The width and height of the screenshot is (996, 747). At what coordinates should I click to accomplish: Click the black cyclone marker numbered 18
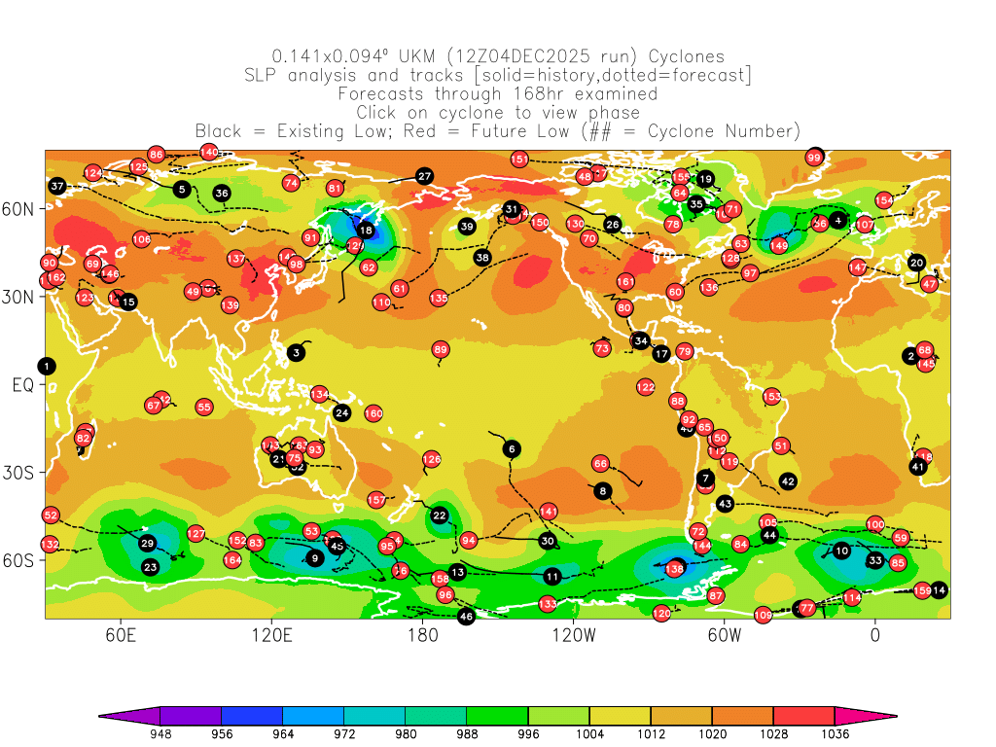point(366,231)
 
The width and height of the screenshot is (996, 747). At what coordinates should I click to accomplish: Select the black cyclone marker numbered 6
point(512,448)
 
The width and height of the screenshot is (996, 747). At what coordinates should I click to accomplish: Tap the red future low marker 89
point(441,349)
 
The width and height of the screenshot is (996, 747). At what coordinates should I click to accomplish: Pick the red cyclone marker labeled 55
point(203,407)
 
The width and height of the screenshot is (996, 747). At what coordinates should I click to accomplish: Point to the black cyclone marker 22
point(440,516)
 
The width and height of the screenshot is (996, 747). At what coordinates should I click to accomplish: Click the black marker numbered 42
point(788,481)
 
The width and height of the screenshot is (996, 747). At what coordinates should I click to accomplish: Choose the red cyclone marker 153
point(772,396)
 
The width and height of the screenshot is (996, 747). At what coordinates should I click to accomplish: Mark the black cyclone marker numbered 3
point(296,353)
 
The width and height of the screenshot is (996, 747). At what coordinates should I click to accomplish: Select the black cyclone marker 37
point(57,186)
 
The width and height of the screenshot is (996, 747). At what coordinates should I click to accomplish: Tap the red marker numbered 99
point(815,158)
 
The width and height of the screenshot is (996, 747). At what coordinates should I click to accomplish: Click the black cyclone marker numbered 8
point(603,491)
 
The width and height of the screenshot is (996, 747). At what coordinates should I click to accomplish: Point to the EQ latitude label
point(22,385)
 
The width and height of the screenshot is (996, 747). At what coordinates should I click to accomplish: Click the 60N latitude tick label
point(21,209)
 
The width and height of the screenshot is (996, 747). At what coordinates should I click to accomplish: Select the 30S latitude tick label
point(21,473)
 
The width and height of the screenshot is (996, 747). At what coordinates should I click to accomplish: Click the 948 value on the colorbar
point(160,734)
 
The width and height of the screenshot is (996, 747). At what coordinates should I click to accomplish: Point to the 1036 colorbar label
point(835,734)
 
